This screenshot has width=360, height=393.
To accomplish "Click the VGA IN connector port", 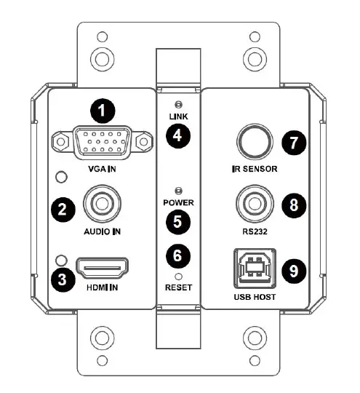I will (x=101, y=144).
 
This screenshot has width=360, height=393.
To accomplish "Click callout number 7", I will (x=293, y=142).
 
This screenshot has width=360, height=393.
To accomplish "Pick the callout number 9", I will (x=293, y=271).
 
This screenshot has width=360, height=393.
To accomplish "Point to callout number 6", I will (x=177, y=254).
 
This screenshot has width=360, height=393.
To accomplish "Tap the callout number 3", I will (x=63, y=277).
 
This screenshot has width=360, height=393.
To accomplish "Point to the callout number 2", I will (x=63, y=210).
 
